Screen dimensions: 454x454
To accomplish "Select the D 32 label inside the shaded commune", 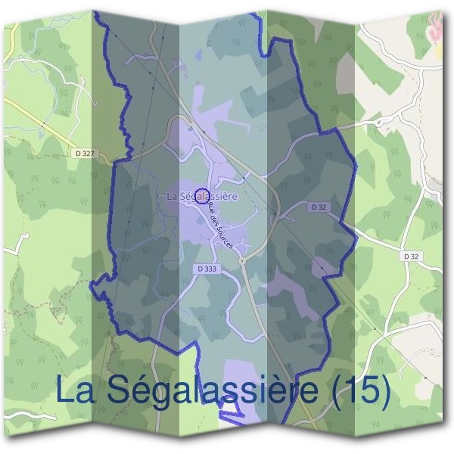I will tap(319, 206).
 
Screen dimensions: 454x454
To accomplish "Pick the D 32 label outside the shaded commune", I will tap(411, 257).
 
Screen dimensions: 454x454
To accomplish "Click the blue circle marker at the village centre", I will tap(201, 197).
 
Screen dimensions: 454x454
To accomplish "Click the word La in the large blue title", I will tap(77, 390).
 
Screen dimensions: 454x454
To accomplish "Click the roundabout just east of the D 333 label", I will tap(241, 260).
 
